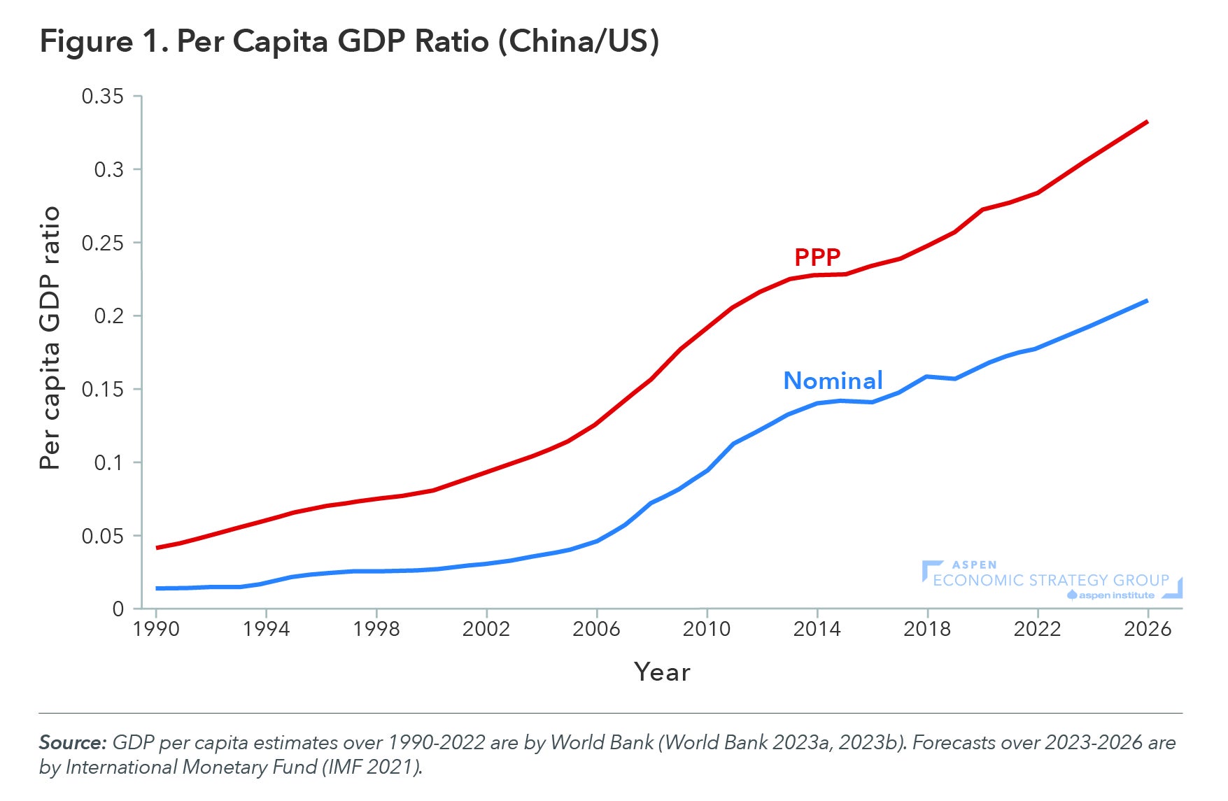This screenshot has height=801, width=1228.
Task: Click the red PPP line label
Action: coord(817,257)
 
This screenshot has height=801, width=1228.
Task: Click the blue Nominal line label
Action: coord(833,381)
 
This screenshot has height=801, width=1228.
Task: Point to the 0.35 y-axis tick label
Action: coord(102,97)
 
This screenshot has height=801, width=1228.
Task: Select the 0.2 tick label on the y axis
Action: coord(108,316)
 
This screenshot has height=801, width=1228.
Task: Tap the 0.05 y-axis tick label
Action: coord(102,537)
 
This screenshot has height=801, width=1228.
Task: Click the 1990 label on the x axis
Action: coord(156,630)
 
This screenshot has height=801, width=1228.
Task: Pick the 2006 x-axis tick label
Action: coord(596,630)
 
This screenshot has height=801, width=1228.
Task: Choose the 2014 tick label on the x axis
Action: coord(817,630)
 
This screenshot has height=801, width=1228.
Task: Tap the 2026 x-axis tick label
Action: coord(1148,630)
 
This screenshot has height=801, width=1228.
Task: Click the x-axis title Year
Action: coord(662,672)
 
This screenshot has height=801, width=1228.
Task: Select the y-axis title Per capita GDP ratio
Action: coord(50,338)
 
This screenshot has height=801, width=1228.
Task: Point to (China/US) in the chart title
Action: coord(578,42)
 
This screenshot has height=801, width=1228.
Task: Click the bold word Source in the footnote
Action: coord(72,742)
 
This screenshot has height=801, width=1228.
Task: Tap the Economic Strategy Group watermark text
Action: coord(1051,581)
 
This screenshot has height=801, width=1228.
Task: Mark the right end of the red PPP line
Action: coord(1147,122)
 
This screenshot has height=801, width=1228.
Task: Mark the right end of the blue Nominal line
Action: coord(1147,301)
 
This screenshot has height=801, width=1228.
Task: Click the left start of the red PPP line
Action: coord(157,547)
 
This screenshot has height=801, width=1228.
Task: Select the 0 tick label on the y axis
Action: coord(118,609)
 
